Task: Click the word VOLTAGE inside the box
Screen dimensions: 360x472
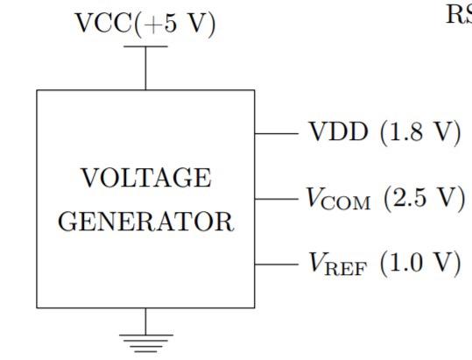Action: point(145,179)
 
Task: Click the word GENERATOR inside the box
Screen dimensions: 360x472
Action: point(145,221)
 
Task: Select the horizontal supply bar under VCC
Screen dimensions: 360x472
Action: point(145,48)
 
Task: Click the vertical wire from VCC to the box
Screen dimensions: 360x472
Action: point(145,68)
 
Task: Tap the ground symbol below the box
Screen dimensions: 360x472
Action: point(145,340)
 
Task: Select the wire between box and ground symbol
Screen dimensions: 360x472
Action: point(145,320)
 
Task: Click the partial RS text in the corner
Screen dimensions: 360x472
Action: point(460,14)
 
